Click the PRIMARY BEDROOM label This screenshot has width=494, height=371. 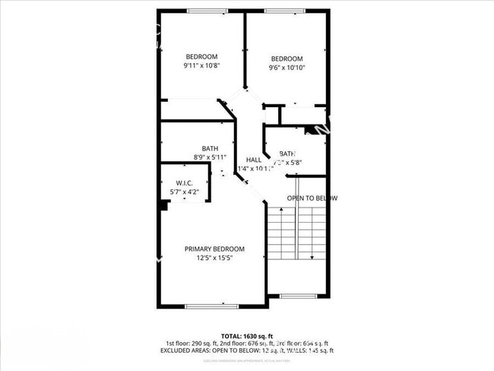tap(214, 249)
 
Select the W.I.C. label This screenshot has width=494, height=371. tap(184, 183)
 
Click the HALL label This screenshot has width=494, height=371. tap(254, 160)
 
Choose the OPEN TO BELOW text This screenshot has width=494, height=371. tap(312, 198)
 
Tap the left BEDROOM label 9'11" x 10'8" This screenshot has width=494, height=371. tap(202, 56)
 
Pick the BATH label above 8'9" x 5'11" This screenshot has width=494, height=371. tap(210, 149)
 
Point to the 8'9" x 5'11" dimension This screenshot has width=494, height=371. tap(210, 157)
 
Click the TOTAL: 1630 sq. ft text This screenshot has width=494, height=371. tap(246, 336)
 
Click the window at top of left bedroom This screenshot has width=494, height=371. tap(202, 11)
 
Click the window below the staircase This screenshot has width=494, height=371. tap(298, 294)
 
